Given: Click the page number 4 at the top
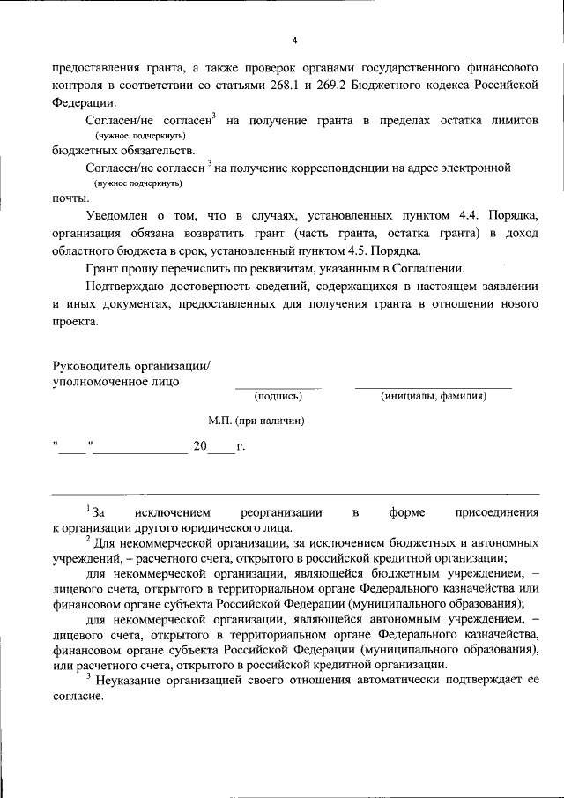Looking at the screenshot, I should pos(295,40).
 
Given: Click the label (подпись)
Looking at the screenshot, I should pos(278,396).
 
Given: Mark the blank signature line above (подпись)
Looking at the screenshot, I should pos(278,386).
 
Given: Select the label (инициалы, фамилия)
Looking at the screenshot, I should pos(434,396).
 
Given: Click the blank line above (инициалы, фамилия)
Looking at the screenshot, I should pos(434,386).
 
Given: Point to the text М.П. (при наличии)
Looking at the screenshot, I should pos(256,421).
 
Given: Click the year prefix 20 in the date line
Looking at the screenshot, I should pos(200,446).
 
